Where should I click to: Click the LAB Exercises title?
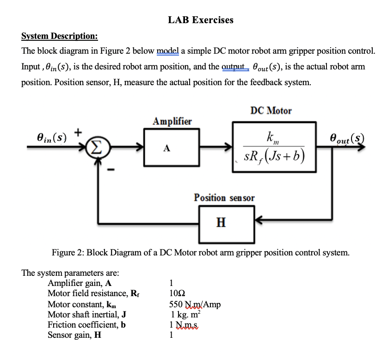tap(201, 20)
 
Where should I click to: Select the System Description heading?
tap(60, 37)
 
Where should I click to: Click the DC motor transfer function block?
tap(275, 147)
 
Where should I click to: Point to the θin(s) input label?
tap(51, 137)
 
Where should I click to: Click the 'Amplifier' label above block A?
tap(172, 121)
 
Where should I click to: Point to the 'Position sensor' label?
tap(224, 198)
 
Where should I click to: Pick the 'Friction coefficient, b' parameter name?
tap(87, 324)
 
